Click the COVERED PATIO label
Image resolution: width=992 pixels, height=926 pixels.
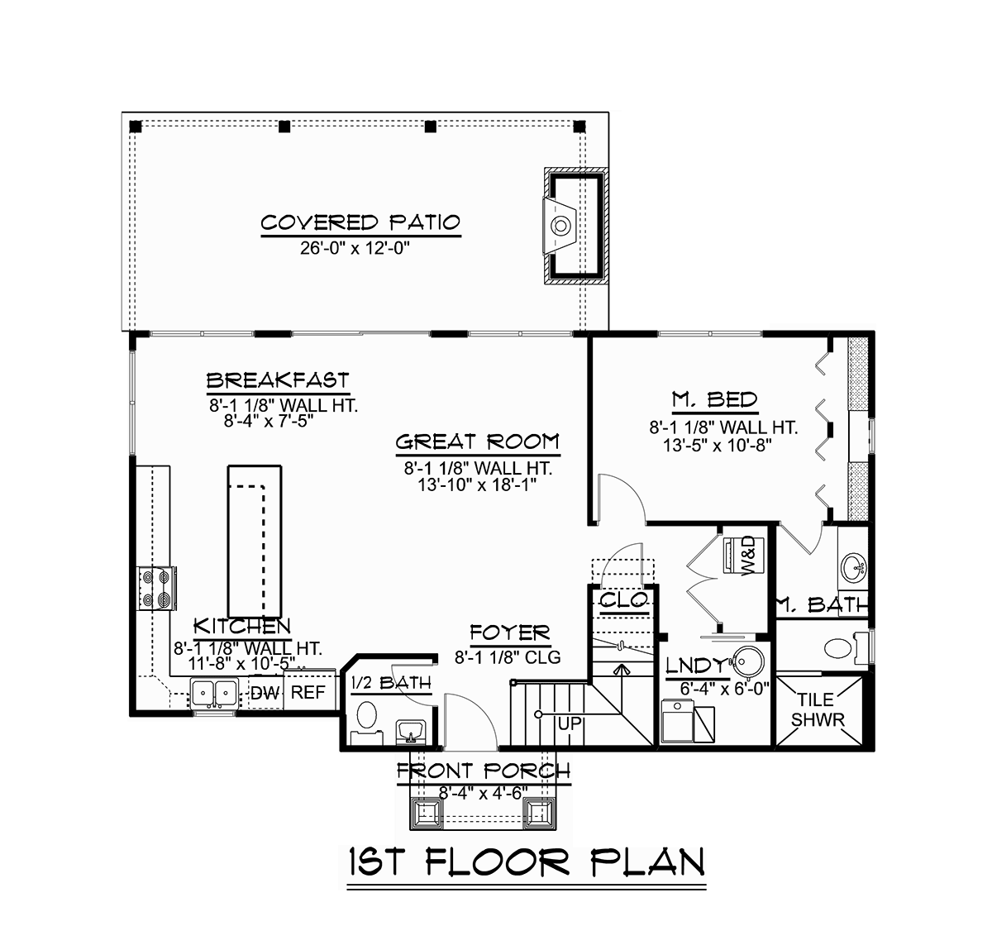click(360, 223)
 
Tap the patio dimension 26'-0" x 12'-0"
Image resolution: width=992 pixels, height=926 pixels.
click(355, 248)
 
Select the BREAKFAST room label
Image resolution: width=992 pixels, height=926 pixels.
click(278, 381)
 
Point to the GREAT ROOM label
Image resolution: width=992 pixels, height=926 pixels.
click(478, 442)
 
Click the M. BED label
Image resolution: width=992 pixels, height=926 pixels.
click(715, 400)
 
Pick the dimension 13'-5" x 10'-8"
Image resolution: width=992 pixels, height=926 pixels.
click(718, 444)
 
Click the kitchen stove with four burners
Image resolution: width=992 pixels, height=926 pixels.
click(156, 589)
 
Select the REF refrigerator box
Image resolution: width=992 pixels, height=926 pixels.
click(309, 692)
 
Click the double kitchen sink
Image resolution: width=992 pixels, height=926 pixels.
click(214, 693)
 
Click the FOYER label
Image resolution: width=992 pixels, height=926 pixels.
click(510, 633)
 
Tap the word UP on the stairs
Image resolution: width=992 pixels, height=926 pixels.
click(570, 723)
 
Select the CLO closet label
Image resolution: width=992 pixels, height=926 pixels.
click(624, 599)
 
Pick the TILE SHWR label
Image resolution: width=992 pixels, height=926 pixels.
click(818, 709)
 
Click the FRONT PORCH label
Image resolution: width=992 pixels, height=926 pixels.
click(484, 771)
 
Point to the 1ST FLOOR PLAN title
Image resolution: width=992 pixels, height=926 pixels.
click(527, 861)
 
